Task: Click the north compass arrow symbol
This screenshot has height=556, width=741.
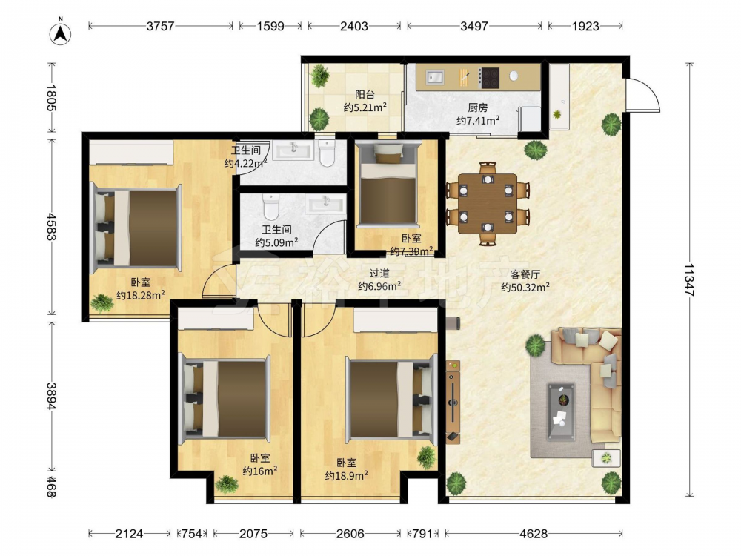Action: pyautogui.click(x=61, y=33)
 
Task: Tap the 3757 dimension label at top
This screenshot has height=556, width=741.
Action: pyautogui.click(x=160, y=26)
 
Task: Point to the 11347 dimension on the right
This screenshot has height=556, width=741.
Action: pyautogui.click(x=689, y=280)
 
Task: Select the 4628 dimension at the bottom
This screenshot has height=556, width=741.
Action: pyautogui.click(x=534, y=534)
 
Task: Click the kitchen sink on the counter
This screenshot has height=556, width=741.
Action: pyautogui.click(x=435, y=76)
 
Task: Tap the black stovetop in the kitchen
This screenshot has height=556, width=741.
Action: pyautogui.click(x=490, y=78)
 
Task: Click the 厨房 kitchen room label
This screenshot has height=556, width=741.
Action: pyautogui.click(x=478, y=108)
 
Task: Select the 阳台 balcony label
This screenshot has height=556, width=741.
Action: pyautogui.click(x=365, y=95)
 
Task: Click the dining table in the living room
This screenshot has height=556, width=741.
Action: pyautogui.click(x=488, y=204)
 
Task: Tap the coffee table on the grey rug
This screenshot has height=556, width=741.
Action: pyautogui.click(x=562, y=411)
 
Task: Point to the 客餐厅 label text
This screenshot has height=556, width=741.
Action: pyautogui.click(x=525, y=274)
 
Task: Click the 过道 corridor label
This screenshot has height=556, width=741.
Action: pyautogui.click(x=379, y=273)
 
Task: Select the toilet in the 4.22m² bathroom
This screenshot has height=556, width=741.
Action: pyautogui.click(x=327, y=153)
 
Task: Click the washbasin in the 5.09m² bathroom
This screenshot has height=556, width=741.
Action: pyautogui.click(x=325, y=205)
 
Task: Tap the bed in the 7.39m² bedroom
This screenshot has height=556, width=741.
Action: pyautogui.click(x=388, y=185)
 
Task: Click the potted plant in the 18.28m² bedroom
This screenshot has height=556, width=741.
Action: pyautogui.click(x=102, y=302)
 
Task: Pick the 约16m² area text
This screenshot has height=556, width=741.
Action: pyautogui.click(x=260, y=471)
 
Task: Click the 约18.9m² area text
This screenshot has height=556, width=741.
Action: pyautogui.click(x=346, y=476)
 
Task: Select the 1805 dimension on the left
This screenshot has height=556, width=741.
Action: pyautogui.click(x=52, y=97)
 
